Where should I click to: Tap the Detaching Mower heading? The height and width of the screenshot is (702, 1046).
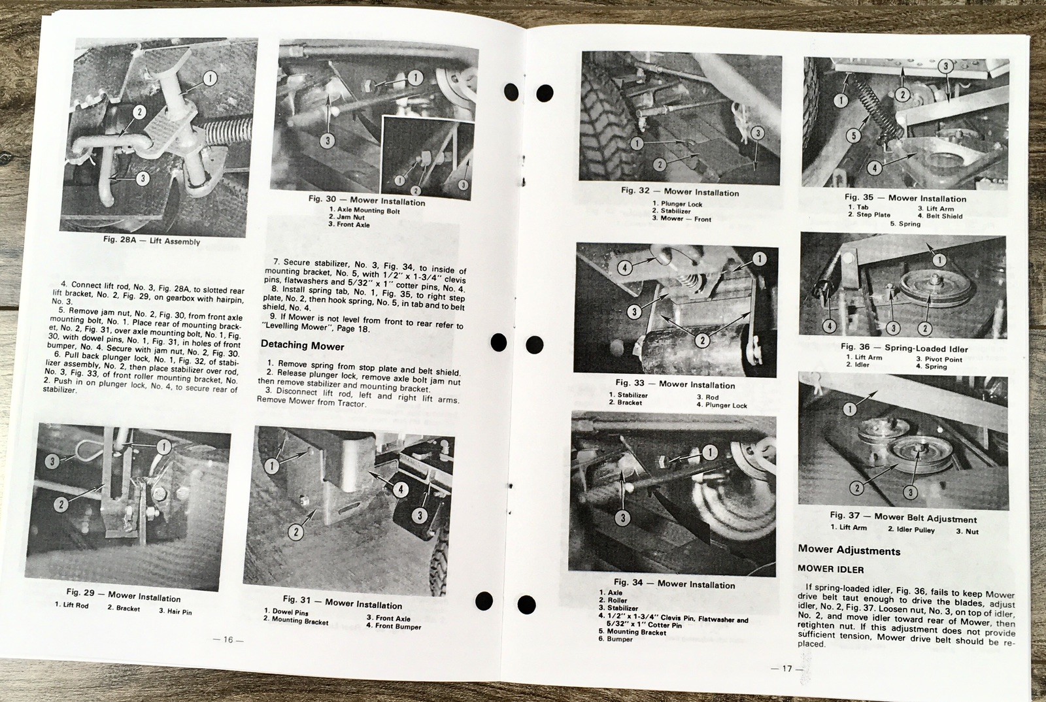point(302,346)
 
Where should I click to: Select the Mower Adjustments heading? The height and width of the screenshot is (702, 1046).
point(849,550)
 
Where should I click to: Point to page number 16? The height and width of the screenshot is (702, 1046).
point(228,639)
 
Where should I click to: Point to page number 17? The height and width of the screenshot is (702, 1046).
point(787,669)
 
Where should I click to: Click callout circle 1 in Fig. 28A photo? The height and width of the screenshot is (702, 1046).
point(210,78)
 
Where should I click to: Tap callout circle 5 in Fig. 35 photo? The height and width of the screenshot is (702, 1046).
point(854,136)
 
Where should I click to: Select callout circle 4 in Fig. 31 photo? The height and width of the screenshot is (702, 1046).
point(400,489)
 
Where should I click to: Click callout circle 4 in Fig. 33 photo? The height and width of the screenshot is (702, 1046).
point(624,267)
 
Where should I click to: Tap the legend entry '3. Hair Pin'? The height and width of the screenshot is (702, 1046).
point(175,611)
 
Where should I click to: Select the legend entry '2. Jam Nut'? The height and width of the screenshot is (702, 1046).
point(346,217)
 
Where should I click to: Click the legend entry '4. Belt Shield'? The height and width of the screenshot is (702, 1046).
point(939,216)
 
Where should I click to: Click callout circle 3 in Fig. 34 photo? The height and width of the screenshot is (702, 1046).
point(622,517)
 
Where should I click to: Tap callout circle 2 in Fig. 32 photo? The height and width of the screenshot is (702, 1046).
point(660,164)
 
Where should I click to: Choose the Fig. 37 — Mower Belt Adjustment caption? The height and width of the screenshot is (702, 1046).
point(903,516)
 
